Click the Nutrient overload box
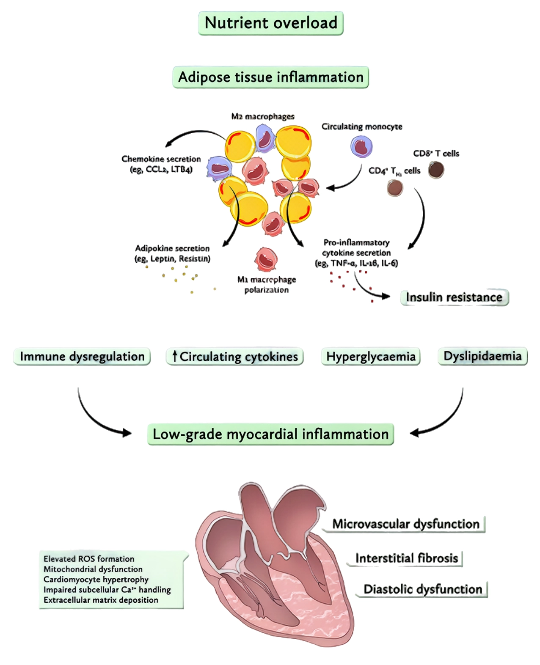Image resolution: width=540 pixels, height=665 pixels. [271, 23]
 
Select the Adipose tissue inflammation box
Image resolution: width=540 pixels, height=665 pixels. [271, 77]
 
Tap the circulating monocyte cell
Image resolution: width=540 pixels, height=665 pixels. [361, 147]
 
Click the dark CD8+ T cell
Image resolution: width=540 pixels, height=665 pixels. [436, 170]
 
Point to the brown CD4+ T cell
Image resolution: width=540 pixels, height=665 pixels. [395, 187]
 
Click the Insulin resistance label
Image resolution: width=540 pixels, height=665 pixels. [454, 297]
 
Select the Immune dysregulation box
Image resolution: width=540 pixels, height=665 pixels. [82, 356]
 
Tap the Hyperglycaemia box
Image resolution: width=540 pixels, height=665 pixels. [371, 356]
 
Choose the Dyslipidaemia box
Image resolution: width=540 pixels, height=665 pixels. [482, 356]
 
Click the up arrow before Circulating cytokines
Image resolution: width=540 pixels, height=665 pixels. [174, 356]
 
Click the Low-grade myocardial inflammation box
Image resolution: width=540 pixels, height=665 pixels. [270, 434]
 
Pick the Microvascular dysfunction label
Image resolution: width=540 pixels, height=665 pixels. [405, 524]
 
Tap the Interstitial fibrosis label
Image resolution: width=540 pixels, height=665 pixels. [406, 558]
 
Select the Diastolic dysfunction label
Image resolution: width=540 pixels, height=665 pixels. [423, 589]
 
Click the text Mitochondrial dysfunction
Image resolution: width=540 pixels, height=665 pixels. [93, 569]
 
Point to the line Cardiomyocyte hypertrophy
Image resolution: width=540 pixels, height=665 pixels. [96, 579]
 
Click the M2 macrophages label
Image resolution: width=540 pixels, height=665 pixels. [262, 116]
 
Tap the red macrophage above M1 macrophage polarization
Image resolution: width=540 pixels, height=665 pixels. [266, 259]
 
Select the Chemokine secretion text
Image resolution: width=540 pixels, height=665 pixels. [161, 159]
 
